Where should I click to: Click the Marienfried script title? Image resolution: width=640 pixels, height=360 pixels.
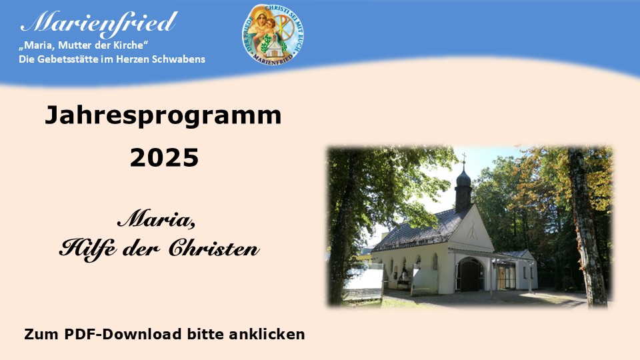point(99,23)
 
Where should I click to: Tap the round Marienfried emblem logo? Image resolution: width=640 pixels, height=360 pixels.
point(272,34)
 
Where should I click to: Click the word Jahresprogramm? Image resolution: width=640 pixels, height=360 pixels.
point(163,116)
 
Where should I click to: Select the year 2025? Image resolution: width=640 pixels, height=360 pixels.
point(164,158)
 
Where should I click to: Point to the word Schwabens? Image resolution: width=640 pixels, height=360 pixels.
point(179,59)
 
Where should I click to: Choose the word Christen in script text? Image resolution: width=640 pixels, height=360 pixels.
point(214,247)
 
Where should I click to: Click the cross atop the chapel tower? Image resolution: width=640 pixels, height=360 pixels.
point(464,158)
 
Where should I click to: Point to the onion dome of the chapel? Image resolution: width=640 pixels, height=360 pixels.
point(463,179)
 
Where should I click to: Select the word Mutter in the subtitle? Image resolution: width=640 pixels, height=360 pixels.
point(72,45)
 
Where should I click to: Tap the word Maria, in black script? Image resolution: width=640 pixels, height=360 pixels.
point(156,219)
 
